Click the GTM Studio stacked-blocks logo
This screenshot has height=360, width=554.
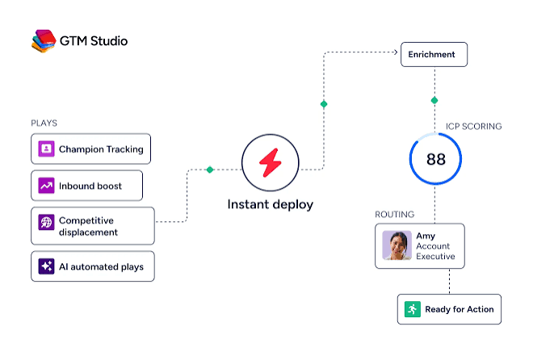point(44,41)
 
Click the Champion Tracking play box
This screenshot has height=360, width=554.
point(90,149)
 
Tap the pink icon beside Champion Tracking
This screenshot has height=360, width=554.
point(46,149)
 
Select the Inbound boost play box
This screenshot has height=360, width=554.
point(87,186)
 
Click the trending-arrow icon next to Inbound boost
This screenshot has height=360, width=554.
point(46,186)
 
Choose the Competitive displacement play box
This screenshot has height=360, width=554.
point(93,226)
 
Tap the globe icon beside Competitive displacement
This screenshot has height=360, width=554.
point(46,222)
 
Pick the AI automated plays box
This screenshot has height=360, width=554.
point(93,266)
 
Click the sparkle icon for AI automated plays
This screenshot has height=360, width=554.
point(46,266)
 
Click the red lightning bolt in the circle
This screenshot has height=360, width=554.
point(271,162)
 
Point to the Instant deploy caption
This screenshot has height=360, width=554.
point(271,204)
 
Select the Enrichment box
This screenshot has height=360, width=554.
point(434,54)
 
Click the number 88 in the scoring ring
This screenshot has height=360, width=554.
point(436,159)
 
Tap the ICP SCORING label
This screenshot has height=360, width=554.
point(473,127)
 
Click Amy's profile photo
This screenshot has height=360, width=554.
point(397,245)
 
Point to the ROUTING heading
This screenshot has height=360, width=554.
point(394,215)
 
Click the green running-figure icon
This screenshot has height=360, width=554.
point(413,309)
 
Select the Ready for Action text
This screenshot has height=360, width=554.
point(460,309)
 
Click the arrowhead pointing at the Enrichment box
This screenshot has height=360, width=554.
point(396,52)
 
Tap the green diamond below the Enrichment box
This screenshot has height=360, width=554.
point(434,100)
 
